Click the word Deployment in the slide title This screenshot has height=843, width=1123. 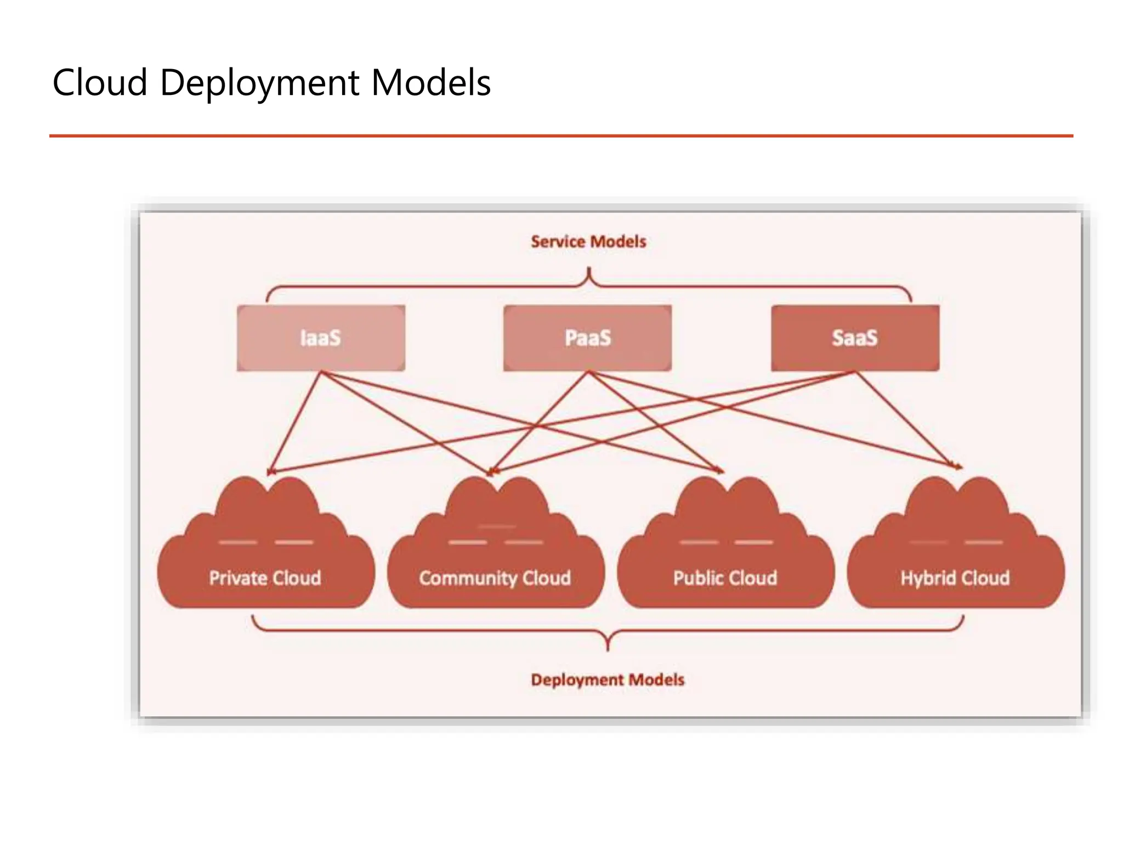pyautogui.click(x=259, y=83)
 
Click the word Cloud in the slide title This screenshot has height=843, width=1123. pyautogui.click(x=100, y=83)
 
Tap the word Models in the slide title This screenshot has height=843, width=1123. pyautogui.click(x=430, y=83)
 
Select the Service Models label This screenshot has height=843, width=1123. pyautogui.click(x=588, y=241)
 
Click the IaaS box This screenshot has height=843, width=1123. pyautogui.click(x=321, y=338)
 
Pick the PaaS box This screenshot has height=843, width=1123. pyautogui.click(x=587, y=338)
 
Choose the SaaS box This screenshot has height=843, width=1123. pyautogui.click(x=855, y=338)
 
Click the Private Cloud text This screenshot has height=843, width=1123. pyautogui.click(x=265, y=578)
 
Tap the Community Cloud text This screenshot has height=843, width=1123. pyautogui.click(x=495, y=578)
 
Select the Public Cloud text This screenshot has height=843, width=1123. pyautogui.click(x=725, y=578)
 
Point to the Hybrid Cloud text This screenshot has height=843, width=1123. pyautogui.click(x=955, y=578)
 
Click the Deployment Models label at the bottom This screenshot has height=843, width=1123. pyautogui.click(x=608, y=680)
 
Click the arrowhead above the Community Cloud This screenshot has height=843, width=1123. pyautogui.click(x=491, y=471)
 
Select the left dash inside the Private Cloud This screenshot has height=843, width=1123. pyautogui.click(x=237, y=542)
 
